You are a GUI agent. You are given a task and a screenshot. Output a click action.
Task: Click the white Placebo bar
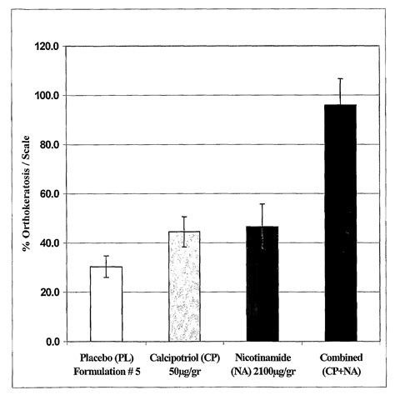(106, 304)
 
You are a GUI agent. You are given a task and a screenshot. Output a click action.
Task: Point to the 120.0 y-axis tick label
(47, 47)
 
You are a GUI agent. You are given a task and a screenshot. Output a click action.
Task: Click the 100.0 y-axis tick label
(47, 96)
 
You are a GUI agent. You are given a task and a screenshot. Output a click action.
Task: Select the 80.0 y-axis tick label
(49, 145)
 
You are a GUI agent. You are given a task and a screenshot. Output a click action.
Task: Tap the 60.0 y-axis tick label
(49, 194)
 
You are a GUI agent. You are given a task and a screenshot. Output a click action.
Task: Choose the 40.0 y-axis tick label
(49, 243)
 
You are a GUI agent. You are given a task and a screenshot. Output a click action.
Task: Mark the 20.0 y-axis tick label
(49, 292)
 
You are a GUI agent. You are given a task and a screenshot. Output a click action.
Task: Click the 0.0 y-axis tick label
(52, 342)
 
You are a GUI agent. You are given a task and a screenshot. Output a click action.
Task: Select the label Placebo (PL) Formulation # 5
(106, 363)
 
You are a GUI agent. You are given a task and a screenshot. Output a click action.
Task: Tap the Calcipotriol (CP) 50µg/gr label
(184, 363)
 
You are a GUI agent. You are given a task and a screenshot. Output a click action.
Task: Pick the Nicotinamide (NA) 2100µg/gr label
(262, 363)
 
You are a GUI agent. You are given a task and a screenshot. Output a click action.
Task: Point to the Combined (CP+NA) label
(340, 363)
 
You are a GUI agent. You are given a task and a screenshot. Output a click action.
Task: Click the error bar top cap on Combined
(340, 78)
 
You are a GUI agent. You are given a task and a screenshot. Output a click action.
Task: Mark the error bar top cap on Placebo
(106, 256)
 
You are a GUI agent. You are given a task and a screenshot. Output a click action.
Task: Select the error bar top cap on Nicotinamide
(262, 204)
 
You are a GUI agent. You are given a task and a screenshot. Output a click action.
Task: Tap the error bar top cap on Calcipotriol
(184, 217)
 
